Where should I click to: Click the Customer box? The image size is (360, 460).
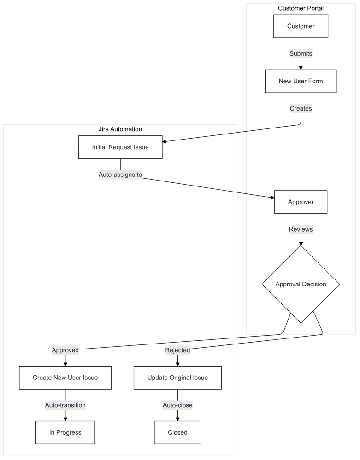(x=301, y=26)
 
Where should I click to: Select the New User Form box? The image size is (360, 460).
(x=301, y=81)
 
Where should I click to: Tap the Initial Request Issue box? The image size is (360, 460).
(x=120, y=147)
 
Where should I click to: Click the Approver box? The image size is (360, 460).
(x=301, y=202)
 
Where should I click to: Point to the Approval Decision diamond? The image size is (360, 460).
(x=301, y=284)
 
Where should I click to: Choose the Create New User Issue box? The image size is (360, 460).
(x=65, y=378)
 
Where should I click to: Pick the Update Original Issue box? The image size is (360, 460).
(x=177, y=378)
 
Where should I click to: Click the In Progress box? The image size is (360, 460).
(x=65, y=432)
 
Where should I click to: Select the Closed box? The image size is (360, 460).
(x=177, y=432)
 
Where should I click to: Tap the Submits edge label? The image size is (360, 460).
(x=301, y=54)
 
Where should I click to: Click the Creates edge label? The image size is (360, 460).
(x=301, y=109)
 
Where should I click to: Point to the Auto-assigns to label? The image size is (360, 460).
(x=120, y=175)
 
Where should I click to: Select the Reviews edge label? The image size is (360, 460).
(x=301, y=229)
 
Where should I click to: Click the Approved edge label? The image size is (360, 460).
(x=65, y=350)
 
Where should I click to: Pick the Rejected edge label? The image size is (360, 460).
(x=177, y=350)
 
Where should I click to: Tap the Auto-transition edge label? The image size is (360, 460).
(x=65, y=405)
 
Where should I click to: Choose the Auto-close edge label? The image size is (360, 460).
(x=177, y=405)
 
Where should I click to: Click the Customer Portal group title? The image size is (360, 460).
(x=301, y=8)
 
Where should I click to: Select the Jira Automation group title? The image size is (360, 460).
(x=120, y=129)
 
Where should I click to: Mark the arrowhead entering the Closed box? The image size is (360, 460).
(x=177, y=419)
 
